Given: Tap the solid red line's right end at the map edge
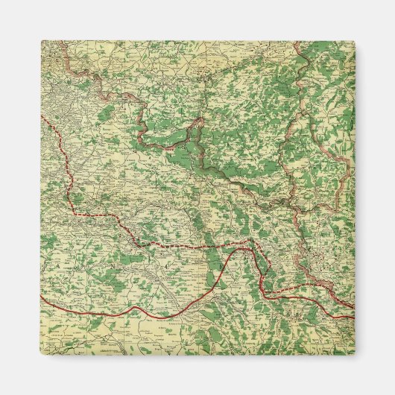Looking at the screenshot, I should pos(354,316).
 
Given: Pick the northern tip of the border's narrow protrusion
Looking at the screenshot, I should pos(199,117).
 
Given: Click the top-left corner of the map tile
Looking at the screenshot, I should pos(41,41).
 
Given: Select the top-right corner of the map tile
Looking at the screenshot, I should pos(355,41).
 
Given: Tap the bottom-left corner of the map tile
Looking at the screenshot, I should pos(41,355).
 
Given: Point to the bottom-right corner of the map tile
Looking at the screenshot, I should pos(355,355).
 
